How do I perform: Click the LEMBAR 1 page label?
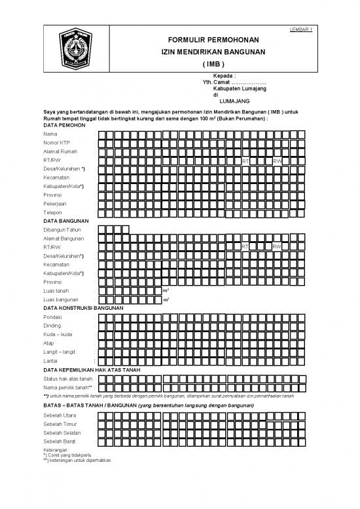300,30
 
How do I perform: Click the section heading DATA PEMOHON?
63,124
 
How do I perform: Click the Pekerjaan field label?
55,204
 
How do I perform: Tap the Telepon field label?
53,213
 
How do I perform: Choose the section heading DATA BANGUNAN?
64,221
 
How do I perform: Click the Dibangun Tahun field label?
62,230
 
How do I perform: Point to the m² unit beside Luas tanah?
166,290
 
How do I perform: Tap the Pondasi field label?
54,317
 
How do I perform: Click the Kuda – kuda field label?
58,334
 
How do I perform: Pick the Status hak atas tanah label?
67,379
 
